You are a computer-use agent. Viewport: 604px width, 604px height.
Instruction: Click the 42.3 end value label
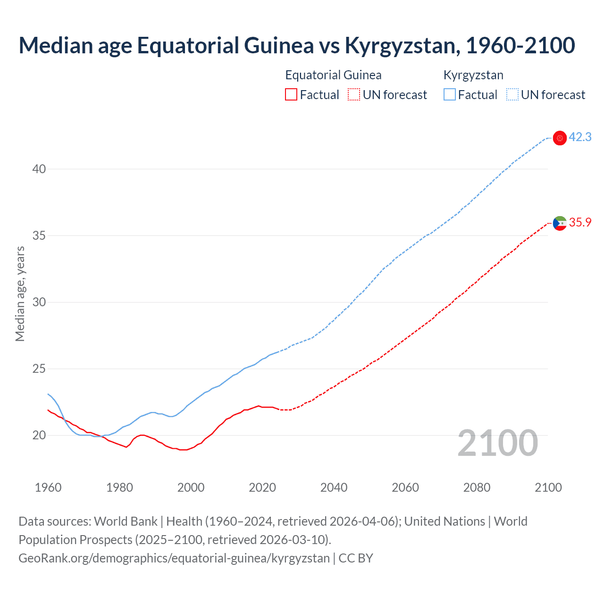[580, 137]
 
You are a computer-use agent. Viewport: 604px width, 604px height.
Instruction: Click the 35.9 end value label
[580, 222]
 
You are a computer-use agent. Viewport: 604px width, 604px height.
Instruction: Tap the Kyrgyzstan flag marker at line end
[560, 138]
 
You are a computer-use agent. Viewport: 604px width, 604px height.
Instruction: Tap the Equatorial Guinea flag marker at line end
[560, 223]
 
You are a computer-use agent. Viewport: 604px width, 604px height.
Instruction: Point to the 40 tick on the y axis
[39, 169]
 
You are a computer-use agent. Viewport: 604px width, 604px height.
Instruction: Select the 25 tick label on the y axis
[39, 369]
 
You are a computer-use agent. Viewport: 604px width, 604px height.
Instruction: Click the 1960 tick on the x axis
[48, 487]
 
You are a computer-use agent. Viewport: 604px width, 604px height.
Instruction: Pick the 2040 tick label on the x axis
[334, 487]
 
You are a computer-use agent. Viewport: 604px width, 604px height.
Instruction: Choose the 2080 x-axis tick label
[477, 487]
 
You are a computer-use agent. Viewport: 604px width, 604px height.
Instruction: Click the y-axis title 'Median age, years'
[20, 294]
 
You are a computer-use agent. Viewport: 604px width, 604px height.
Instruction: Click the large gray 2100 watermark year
[497, 443]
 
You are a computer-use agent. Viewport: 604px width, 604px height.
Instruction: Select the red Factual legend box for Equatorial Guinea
[291, 95]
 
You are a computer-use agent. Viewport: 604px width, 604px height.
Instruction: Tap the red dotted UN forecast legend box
[354, 95]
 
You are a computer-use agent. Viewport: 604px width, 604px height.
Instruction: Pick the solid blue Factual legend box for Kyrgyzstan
[450, 95]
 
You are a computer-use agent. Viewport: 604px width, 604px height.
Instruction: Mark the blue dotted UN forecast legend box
[512, 95]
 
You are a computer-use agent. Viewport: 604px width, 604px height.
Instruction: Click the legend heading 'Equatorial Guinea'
[333, 75]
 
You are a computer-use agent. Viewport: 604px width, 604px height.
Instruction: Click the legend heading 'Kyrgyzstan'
[473, 75]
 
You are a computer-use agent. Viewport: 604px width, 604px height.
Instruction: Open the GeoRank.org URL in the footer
[174, 558]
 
